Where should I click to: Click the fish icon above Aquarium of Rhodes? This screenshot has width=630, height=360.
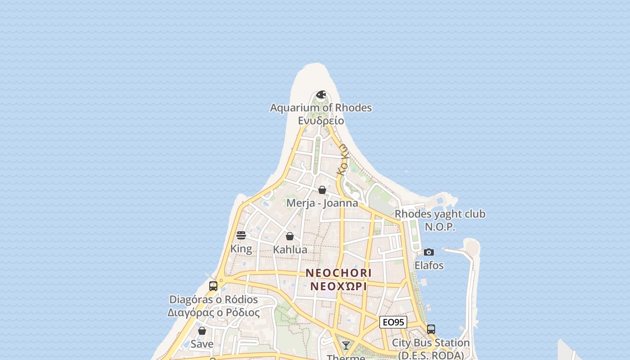tap(321, 94)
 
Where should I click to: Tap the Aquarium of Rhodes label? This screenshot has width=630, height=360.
tap(321, 108)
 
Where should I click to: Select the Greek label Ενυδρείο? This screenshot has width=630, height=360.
tap(321, 121)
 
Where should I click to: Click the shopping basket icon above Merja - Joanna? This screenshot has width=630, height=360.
tap(322, 190)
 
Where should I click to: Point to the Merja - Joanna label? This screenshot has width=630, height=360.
tap(322, 203)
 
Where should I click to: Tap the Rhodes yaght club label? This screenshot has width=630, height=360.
tap(440, 214)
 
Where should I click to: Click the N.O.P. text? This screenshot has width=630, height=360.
tap(440, 227)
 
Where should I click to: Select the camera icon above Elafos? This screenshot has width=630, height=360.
tap(429, 252)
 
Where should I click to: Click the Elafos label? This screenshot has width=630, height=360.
tap(429, 265)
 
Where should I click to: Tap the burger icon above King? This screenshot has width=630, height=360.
tap(241, 235)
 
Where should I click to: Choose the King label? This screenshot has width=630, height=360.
tap(241, 249)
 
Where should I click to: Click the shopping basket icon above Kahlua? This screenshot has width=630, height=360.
tap(290, 236)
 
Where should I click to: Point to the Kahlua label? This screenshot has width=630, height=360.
tap(290, 250)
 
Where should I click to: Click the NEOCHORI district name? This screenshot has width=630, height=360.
tap(338, 273)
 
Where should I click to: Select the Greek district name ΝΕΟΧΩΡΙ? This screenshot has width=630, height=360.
tap(338, 286)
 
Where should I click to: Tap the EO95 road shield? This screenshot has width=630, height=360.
tap(393, 322)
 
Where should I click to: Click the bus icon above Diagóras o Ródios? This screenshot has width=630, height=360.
tap(213, 286)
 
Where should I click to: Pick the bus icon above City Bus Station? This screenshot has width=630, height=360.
tap(431, 329)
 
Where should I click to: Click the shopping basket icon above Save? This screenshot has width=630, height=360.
tap(202, 331)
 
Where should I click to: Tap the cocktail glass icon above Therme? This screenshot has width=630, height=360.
tap(346, 345)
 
